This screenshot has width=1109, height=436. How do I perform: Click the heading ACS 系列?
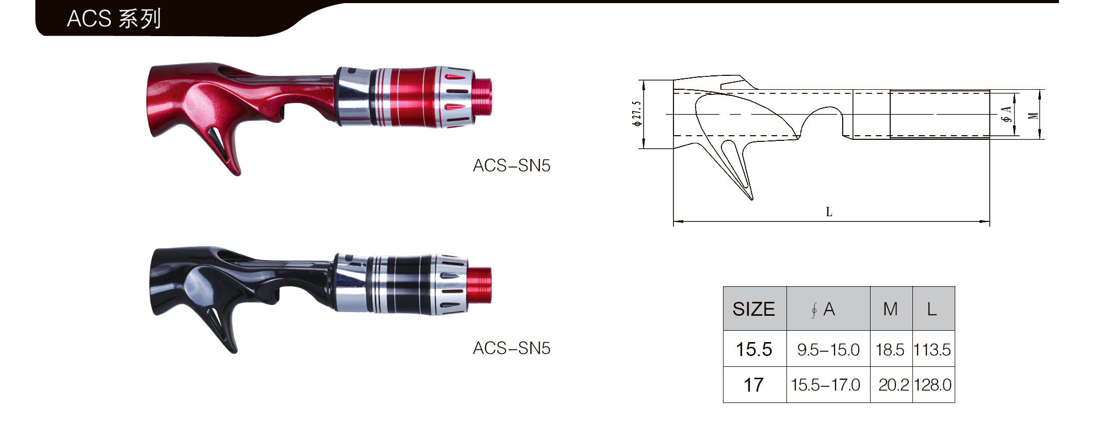click(x=114, y=19)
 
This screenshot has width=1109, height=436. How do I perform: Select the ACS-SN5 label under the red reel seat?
click(x=511, y=166)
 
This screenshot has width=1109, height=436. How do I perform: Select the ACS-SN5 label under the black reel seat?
click(x=511, y=348)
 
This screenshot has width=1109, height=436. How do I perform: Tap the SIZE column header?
click(x=753, y=309)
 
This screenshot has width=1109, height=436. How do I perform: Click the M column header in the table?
click(x=890, y=309)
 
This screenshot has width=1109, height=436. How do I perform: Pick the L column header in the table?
click(x=932, y=309)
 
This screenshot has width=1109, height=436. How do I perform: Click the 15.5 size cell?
click(x=753, y=349)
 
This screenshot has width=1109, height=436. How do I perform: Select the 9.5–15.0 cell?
click(x=828, y=350)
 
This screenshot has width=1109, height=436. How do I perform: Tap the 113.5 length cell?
click(x=932, y=350)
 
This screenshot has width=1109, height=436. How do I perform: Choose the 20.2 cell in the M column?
click(x=893, y=385)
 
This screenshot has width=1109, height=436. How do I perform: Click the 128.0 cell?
click(x=933, y=385)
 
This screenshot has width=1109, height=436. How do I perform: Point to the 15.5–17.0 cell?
click(x=825, y=385)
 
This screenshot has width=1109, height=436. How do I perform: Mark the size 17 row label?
click(x=753, y=385)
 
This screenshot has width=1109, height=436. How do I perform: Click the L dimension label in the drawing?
click(x=829, y=212)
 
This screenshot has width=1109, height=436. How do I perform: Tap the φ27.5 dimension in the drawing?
click(x=637, y=114)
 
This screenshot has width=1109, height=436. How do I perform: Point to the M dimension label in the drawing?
click(x=1033, y=116)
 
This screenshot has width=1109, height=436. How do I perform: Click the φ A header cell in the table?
click(x=824, y=309)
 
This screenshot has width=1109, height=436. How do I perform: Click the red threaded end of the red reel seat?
click(x=482, y=96)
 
